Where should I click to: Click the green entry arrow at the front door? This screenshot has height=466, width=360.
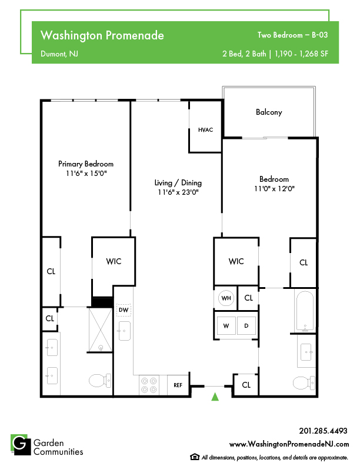(x=215, y=397)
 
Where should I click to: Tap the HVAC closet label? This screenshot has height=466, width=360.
(x=205, y=130)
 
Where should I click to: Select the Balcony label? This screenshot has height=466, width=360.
(x=269, y=112)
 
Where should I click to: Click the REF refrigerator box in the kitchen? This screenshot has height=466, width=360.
(x=178, y=385)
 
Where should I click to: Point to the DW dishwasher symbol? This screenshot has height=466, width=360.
(x=124, y=310)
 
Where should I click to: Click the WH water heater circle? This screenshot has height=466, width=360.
(x=226, y=298)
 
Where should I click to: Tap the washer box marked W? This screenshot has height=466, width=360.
(x=226, y=326)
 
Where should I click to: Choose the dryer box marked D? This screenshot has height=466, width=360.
(x=246, y=326)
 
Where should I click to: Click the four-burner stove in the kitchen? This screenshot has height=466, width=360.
(x=149, y=385)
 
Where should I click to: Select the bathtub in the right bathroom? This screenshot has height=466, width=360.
(x=305, y=311)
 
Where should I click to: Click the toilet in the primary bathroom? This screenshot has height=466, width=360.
(x=100, y=381)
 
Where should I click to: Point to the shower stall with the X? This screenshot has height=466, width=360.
(x=101, y=330)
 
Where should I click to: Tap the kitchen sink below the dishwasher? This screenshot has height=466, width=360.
(x=125, y=331)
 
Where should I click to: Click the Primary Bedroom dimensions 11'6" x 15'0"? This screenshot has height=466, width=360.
(x=86, y=173)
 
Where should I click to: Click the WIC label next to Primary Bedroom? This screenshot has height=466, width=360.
(x=114, y=261)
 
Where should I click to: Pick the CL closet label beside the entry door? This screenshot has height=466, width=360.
(x=246, y=385)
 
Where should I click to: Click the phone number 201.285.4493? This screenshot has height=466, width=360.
(x=323, y=431)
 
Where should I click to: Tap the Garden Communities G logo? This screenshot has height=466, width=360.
(x=21, y=445)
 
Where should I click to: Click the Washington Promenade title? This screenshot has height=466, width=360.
(x=102, y=35)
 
